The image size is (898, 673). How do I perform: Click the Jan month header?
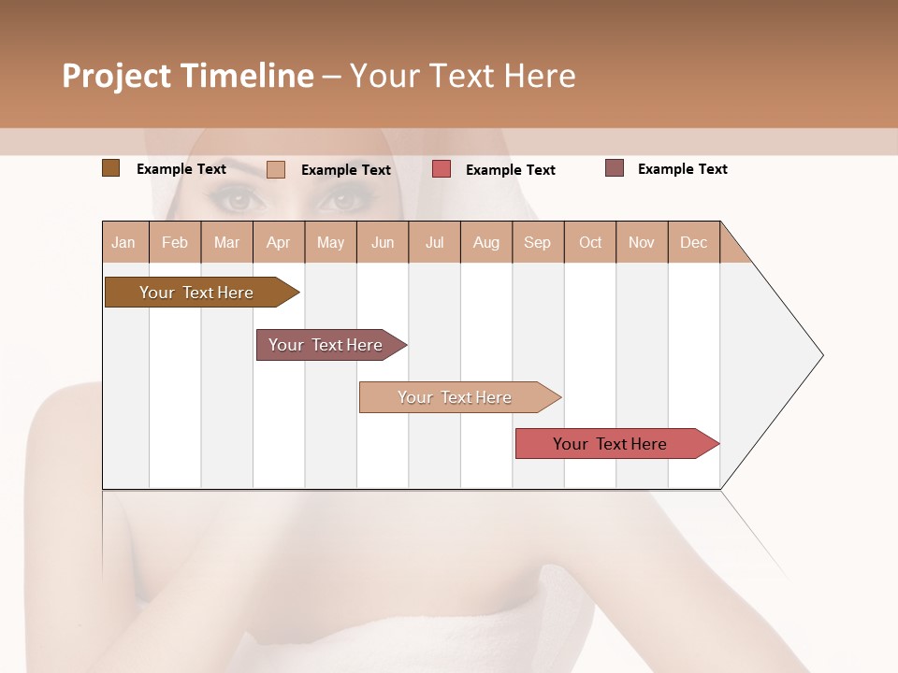pos(124,242)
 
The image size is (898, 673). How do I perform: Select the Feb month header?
pos(175,242)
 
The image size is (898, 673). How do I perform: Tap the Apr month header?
pos(279,242)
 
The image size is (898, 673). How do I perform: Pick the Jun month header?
pos(383,242)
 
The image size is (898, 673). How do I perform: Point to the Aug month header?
pos(486,242)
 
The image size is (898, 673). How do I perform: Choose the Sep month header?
pos(538,242)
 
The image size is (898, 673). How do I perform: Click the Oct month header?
pos(590,242)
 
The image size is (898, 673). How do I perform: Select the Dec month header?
pos(694,242)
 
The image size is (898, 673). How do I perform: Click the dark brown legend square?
pos(110,168)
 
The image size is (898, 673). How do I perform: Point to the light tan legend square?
pos(276,169)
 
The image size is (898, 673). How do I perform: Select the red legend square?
pos(442,168)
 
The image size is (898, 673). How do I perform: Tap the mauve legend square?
pos(615,168)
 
